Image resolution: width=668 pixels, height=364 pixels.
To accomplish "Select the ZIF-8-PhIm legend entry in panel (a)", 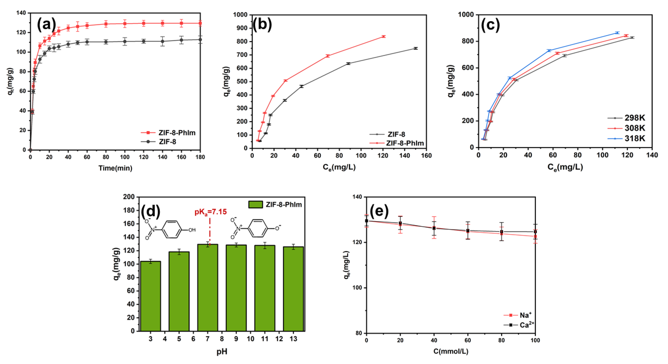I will point(177,133).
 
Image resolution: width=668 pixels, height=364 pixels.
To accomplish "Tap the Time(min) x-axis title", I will point(115,168).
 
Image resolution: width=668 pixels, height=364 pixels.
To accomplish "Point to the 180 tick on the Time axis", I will point(200,157).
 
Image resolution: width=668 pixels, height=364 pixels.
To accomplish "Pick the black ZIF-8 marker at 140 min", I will point(163,41).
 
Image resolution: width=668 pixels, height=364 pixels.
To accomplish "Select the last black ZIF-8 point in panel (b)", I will point(416,48).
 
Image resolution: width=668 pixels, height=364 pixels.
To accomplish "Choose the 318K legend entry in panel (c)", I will point(634,138).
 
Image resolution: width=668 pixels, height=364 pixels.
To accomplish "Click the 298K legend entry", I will point(634,118).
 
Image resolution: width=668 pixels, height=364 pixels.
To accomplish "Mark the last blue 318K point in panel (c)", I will point(617,33).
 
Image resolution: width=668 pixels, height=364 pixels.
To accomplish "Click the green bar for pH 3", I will point(150,296).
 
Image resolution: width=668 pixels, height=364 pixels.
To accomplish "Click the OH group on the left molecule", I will point(192,230).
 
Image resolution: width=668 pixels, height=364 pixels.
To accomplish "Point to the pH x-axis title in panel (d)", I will point(222,352).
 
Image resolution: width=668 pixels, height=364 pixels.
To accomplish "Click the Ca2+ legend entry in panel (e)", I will point(526,325).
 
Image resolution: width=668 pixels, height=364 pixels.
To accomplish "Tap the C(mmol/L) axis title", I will point(451,352).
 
